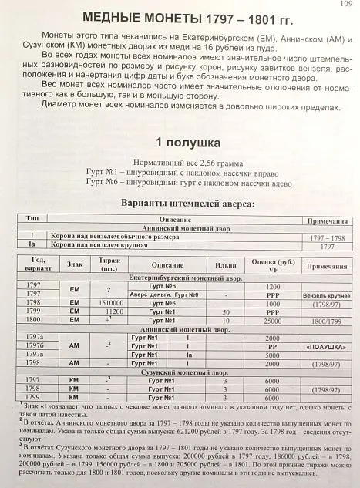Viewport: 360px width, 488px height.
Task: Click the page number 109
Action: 345,5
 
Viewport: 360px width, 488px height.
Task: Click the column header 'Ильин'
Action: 226,264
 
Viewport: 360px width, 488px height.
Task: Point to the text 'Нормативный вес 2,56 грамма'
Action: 180,163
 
